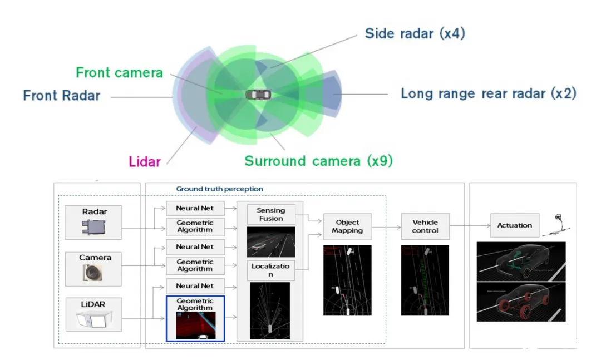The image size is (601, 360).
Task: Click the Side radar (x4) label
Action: tap(415, 33)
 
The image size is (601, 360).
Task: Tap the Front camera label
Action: tap(119, 72)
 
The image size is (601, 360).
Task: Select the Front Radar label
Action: tap(61, 95)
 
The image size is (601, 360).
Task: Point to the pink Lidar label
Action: tap(145, 162)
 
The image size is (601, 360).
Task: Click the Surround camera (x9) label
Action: tap(318, 161)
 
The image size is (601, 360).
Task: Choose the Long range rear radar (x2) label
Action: tap(488, 93)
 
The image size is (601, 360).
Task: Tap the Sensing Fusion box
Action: tap(270, 214)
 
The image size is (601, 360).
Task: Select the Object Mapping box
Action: tap(347, 226)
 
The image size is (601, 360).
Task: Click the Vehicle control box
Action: tap(425, 226)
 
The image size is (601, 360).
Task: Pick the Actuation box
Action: tap(514, 225)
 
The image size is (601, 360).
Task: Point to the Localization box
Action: tap(270, 270)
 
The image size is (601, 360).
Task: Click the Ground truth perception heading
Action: tap(219, 189)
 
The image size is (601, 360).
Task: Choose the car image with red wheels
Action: tap(521, 302)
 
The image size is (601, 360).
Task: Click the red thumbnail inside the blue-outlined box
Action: tap(195, 326)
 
